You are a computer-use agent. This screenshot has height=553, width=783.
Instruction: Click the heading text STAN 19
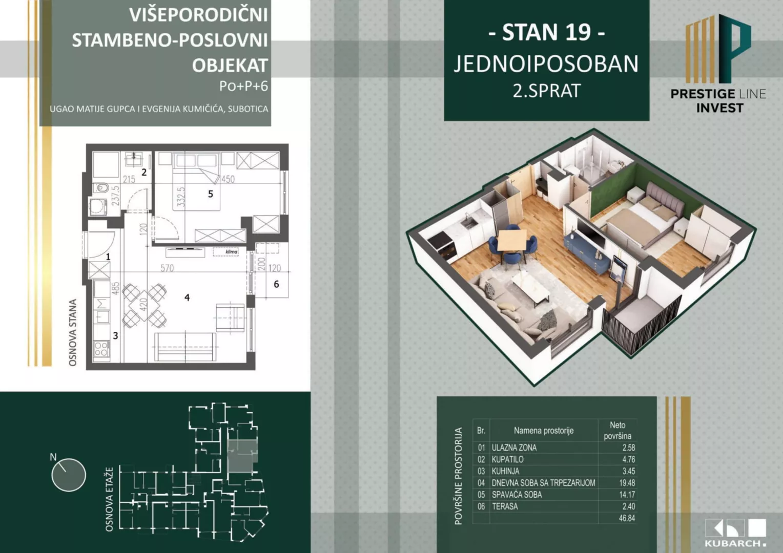point(546,33)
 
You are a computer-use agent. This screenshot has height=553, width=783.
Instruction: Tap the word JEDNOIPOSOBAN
point(546,64)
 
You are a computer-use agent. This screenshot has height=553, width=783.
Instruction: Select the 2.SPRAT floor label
point(546,91)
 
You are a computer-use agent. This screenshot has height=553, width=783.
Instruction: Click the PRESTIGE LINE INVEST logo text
point(718,100)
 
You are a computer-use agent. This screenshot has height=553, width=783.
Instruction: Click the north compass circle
point(69,475)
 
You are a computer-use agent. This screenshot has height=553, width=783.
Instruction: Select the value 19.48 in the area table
point(627,483)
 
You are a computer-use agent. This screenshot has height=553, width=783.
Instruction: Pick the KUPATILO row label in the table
point(507,459)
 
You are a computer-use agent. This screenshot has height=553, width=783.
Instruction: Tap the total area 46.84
point(627,518)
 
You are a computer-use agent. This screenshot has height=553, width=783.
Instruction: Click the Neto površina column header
point(617,431)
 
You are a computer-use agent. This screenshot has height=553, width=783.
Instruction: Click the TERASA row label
point(505,506)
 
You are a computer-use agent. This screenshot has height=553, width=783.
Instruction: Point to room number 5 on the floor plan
point(210,194)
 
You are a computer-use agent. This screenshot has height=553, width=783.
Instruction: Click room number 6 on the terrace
point(276,284)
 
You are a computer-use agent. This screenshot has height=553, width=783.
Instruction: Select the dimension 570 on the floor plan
point(167,268)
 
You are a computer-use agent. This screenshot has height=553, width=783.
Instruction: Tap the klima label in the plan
point(232,251)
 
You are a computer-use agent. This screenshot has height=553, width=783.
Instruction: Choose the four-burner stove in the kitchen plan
point(101,350)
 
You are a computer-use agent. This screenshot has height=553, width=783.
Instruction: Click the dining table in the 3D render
point(512,239)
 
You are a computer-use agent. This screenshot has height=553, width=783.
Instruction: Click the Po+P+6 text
point(243,86)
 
